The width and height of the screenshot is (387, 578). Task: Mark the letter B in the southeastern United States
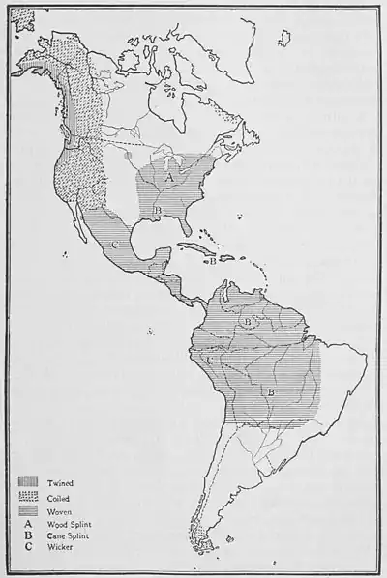[157, 209]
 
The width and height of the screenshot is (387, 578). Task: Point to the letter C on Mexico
[114, 245]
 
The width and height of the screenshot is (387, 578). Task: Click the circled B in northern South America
[248, 320]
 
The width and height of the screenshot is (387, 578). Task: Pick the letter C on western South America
[210, 359]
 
